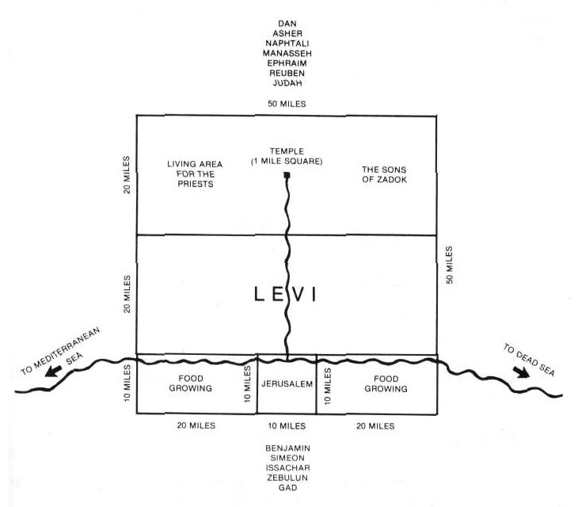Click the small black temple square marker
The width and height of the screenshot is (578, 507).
tap(287, 175)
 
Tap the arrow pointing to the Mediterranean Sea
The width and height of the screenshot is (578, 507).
tap(53, 371)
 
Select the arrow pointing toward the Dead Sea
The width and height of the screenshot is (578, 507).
tap(521, 372)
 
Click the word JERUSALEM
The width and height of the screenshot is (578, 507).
tap(287, 384)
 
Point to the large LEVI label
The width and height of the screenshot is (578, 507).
tap(285, 295)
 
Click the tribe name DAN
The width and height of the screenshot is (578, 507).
tap(287, 24)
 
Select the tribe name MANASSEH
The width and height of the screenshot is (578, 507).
tap(287, 53)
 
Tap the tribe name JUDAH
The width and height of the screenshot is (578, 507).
tap(287, 83)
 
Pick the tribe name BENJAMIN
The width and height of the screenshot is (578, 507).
tap(288, 448)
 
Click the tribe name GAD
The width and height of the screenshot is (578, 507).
tap(288, 488)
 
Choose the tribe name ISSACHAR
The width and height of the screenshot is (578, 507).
tap(288, 468)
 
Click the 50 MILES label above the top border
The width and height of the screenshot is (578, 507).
tap(287, 104)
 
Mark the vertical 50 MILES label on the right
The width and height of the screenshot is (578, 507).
tap(449, 265)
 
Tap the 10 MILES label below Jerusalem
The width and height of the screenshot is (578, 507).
tap(287, 426)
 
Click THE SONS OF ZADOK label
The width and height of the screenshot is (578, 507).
tap(384, 174)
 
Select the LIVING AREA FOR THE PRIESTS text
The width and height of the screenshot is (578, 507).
tap(195, 173)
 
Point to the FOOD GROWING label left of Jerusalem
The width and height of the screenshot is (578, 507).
tap(191, 383)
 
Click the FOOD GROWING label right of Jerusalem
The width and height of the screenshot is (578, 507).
tap(386, 383)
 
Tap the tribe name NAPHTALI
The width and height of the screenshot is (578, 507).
tap(287, 44)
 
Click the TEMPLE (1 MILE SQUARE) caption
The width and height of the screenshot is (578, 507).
tap(287, 156)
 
